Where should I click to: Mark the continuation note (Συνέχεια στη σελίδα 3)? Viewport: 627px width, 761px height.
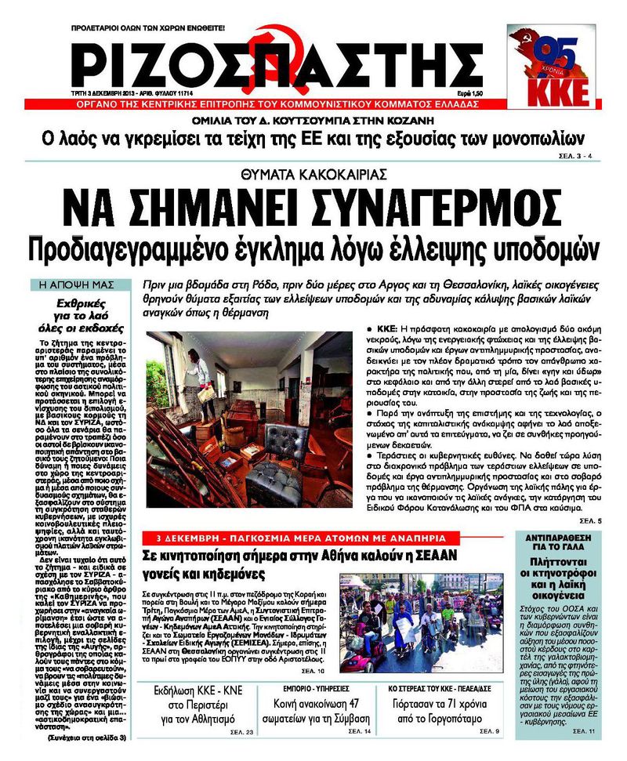85,737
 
